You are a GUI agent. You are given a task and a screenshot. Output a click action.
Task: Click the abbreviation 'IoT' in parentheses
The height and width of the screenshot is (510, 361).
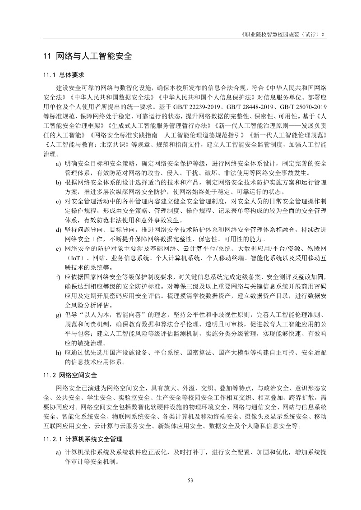click(74, 258)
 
